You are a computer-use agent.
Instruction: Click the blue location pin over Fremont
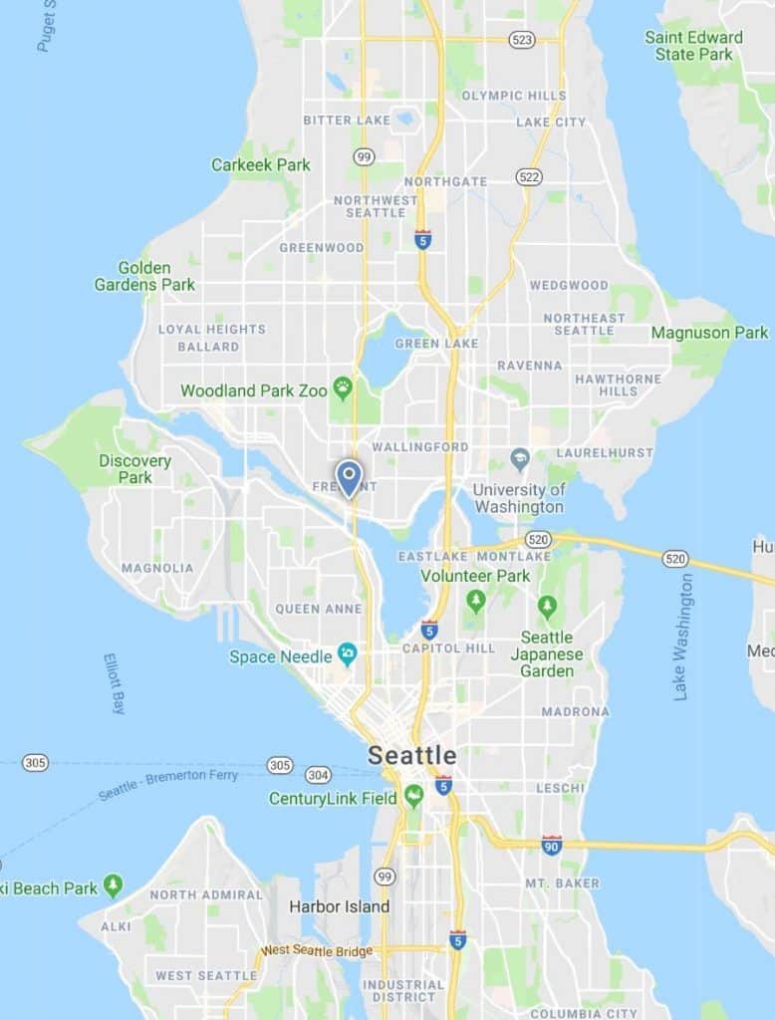point(348,477)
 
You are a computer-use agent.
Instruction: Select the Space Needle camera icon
point(347,654)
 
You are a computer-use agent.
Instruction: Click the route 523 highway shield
point(521,40)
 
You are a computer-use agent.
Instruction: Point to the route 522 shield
point(529,176)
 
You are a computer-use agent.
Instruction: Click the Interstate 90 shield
point(552,845)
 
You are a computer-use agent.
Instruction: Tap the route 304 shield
point(318,774)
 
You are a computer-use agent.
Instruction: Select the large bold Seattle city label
point(412,755)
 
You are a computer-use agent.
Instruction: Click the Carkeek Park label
point(261,164)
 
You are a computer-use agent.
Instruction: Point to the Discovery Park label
point(134,469)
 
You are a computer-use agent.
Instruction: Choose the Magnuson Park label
point(709,333)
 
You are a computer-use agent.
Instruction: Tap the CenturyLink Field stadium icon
point(413,796)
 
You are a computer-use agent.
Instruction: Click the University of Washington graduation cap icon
point(519,459)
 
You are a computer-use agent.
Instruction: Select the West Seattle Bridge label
point(317,950)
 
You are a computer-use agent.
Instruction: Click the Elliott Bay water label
point(115,683)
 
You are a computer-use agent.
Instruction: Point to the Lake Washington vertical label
point(682,637)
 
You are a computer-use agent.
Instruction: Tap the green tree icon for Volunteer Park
point(476,601)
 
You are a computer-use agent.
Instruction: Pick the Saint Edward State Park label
point(693,46)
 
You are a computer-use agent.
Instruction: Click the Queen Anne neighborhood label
point(311,609)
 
